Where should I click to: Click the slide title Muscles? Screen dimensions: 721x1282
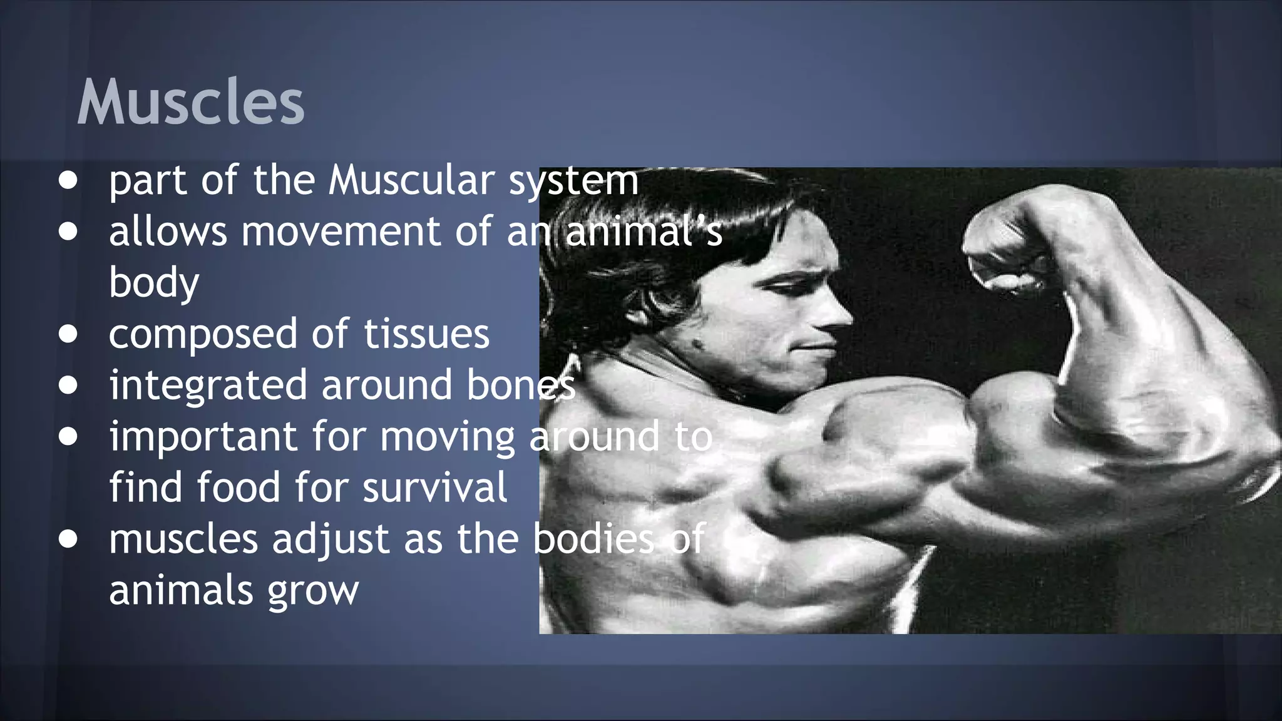pos(190,102)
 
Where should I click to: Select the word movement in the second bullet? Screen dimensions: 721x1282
pos(341,232)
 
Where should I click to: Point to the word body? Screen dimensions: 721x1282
pos(154,283)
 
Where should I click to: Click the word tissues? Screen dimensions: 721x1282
pos(426,334)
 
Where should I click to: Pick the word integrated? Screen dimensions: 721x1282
pos(208,386)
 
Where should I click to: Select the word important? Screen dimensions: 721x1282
pos(203,437)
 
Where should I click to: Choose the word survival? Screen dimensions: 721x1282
pos(434,487)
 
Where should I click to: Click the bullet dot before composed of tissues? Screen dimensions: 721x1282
pos(68,334)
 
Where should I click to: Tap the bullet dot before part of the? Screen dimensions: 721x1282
pos(68,181)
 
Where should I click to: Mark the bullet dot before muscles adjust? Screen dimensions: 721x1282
pos(68,539)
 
